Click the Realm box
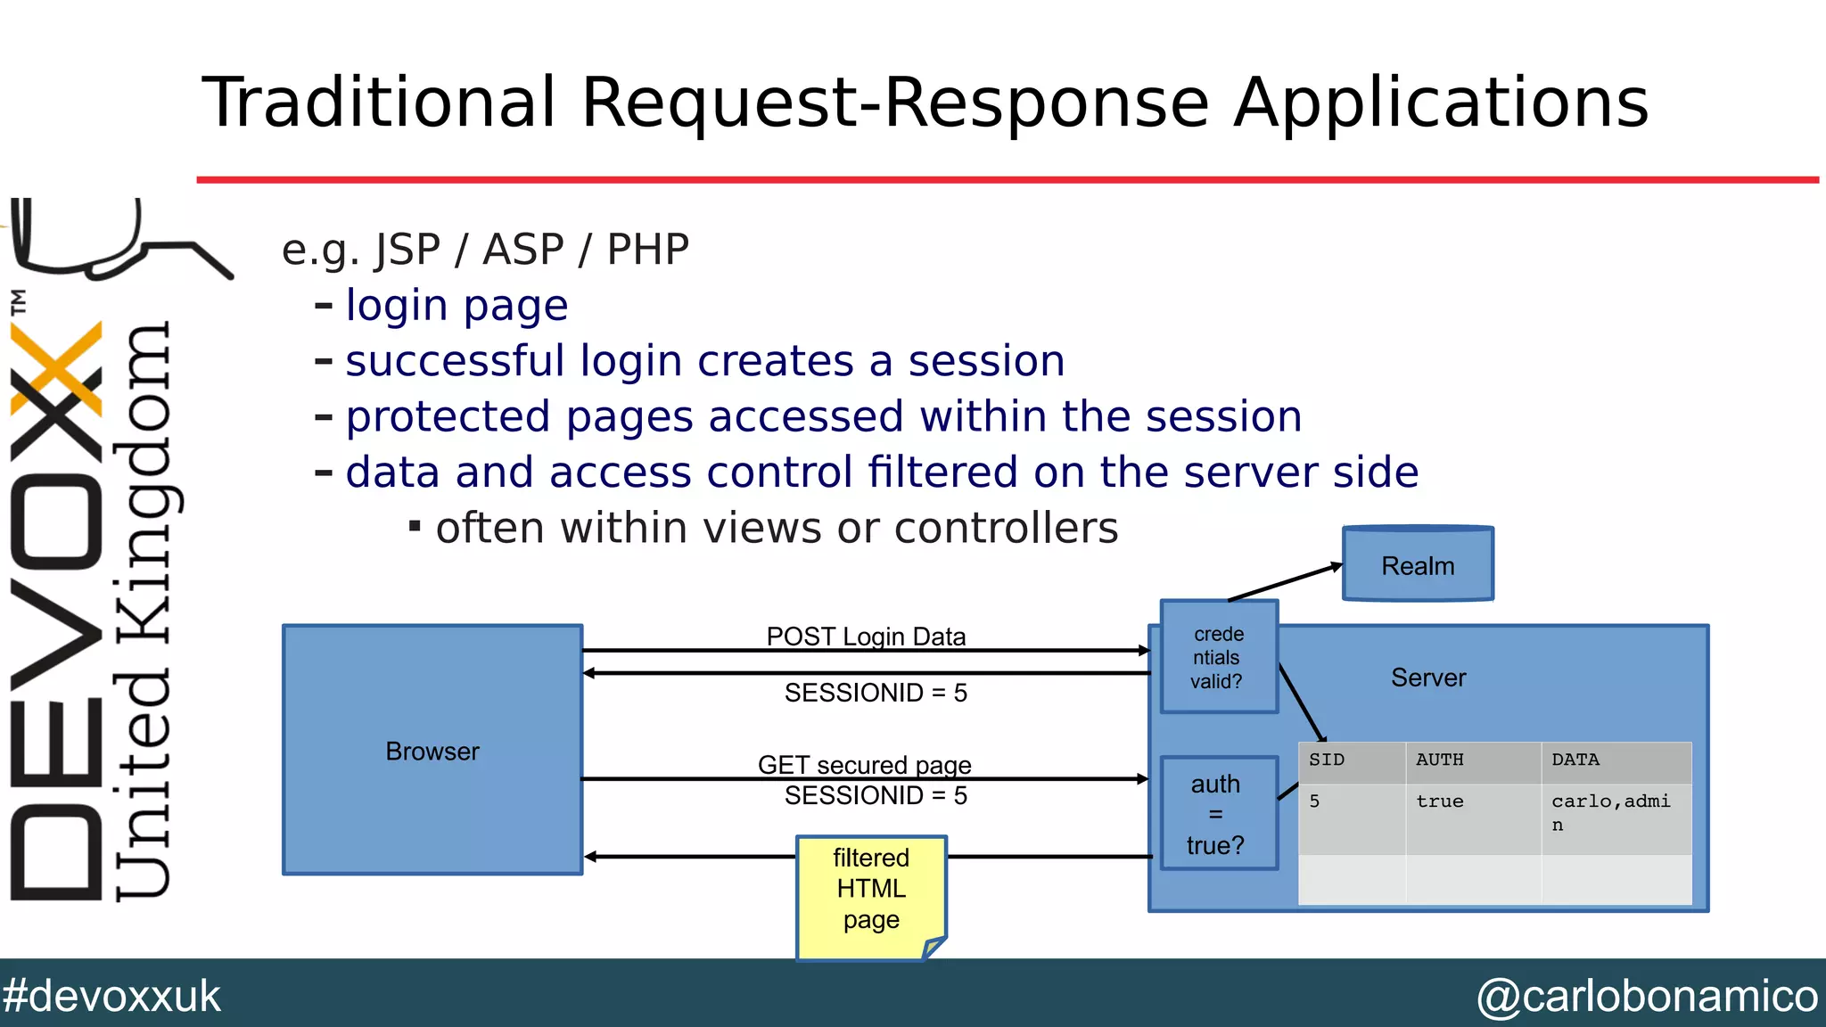pyautogui.click(x=1418, y=565)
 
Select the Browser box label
pyautogui.click(x=432, y=752)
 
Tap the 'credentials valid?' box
pyautogui.click(x=1218, y=658)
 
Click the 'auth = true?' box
pyautogui.click(x=1216, y=814)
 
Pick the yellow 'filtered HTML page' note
pyautogui.click(x=871, y=891)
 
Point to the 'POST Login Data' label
pyautogui.click(x=866, y=637)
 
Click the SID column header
pyautogui.click(x=1327, y=760)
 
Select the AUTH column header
pyautogui.click(x=1440, y=760)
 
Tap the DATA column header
pyautogui.click(x=1575, y=760)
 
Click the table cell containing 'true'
pyautogui.click(x=1440, y=801)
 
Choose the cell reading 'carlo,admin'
pyautogui.click(x=1610, y=811)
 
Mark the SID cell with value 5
pyautogui.click(x=1315, y=801)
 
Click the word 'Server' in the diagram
pyautogui.click(x=1428, y=678)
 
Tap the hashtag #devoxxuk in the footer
pyautogui.click(x=111, y=996)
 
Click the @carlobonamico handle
pyautogui.click(x=1646, y=996)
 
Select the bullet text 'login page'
pyautogui.click(x=456, y=306)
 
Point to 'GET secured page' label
pyautogui.click(x=864, y=764)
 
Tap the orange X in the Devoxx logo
pyautogui.click(x=55, y=369)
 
